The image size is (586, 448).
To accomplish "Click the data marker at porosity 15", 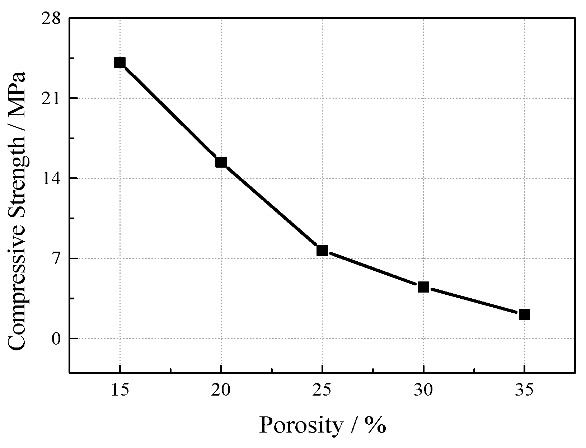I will coord(120,63).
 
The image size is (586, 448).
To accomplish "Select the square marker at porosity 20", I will coord(221,162).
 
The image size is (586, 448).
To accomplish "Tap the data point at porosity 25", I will coord(322,250).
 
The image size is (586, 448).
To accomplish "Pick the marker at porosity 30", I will coord(423,287).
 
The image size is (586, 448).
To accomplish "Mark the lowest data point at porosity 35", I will coord(525,314).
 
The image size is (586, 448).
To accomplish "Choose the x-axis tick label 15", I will coord(120,390).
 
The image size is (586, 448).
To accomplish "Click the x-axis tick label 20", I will coord(221,390).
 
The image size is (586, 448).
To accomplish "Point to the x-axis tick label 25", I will coord(322,390).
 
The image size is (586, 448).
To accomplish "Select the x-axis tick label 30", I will coord(423,390).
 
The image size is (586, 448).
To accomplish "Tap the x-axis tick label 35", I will coord(525,390).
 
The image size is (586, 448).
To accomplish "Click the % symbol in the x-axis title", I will coord(376,425).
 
